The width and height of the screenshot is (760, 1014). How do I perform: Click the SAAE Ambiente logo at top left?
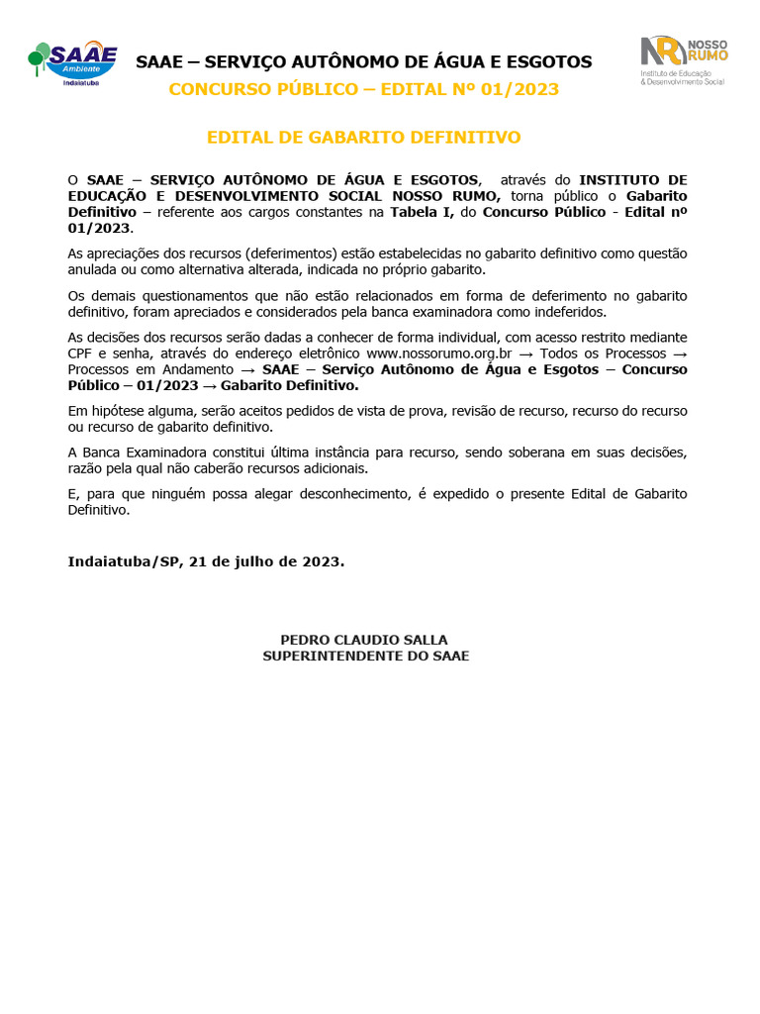[73, 62]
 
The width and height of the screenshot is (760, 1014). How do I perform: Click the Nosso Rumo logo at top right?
[684, 61]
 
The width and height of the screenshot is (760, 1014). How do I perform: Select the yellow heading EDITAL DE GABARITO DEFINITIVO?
[363, 137]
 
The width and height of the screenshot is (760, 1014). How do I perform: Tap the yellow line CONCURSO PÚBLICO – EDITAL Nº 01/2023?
[363, 89]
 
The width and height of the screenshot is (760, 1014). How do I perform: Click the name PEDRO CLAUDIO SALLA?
[364, 640]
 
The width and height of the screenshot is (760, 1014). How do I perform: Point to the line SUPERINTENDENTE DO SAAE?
[365, 656]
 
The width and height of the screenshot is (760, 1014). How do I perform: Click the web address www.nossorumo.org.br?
[438, 354]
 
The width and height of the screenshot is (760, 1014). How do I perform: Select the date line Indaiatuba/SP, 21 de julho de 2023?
[206, 561]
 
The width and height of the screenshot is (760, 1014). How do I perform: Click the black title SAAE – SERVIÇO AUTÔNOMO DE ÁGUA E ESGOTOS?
[363, 62]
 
